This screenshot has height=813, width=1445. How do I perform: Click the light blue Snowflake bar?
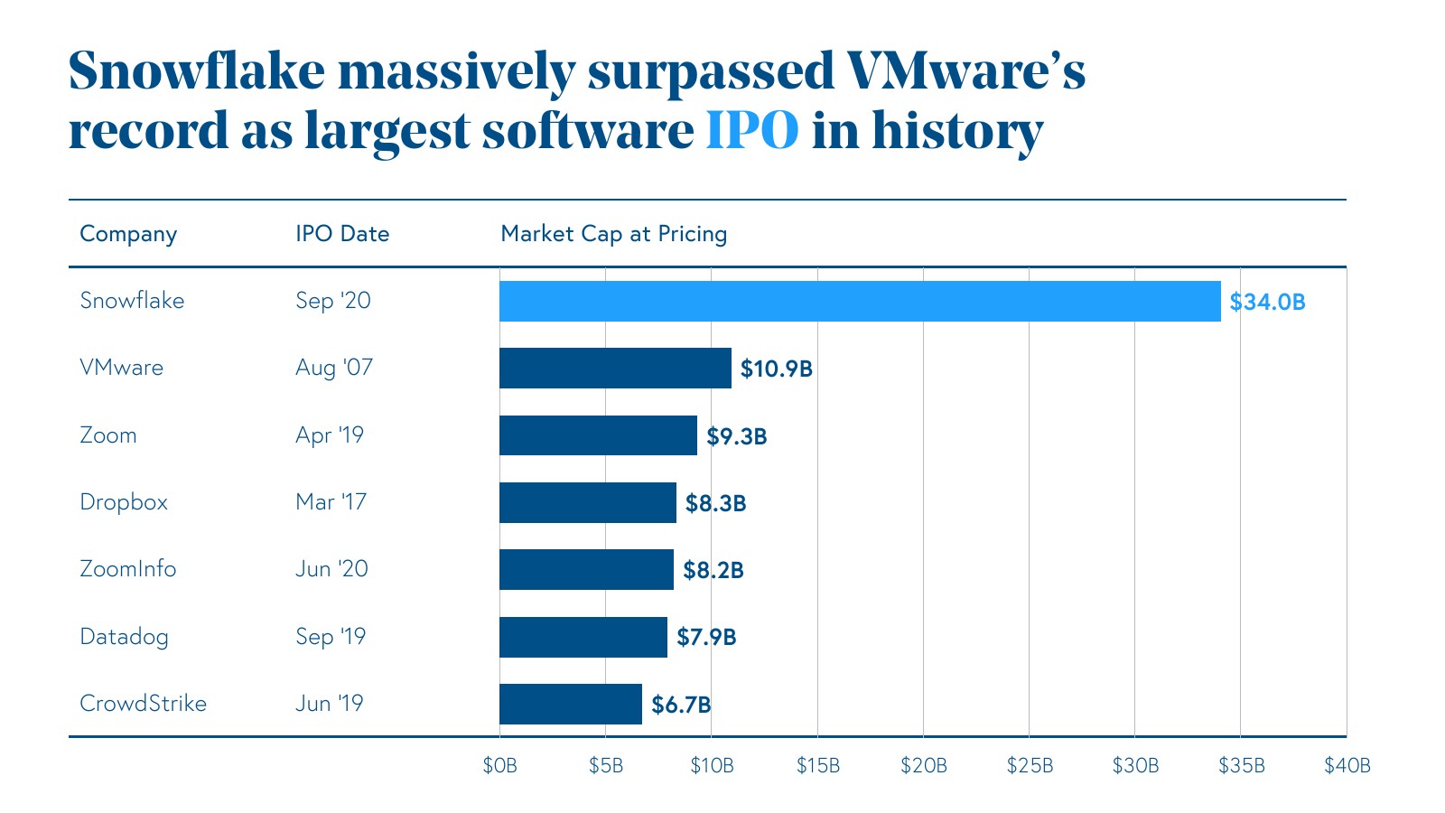[x=860, y=301]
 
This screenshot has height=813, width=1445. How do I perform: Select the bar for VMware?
[x=615, y=368]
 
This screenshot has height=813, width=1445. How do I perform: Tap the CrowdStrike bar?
[x=571, y=704]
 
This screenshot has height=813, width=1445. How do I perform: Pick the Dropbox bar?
[x=588, y=502]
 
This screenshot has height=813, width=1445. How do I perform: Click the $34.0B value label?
[x=1267, y=302]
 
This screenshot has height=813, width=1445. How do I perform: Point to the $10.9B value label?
[x=777, y=369]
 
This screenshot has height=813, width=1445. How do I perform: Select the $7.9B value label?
[x=706, y=637]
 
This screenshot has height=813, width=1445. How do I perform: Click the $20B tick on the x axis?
[x=923, y=766]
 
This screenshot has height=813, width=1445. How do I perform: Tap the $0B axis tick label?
[x=499, y=766]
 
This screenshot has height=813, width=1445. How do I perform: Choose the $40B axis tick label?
[x=1347, y=766]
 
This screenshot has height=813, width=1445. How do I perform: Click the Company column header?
[x=128, y=234]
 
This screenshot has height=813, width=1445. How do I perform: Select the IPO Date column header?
[x=342, y=234]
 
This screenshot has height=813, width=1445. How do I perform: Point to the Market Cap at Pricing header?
[x=613, y=234]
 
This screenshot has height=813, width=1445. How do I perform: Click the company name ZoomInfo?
[x=128, y=569]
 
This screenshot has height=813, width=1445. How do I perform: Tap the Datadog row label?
[x=125, y=637]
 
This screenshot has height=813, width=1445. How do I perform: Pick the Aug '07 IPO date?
[x=333, y=368]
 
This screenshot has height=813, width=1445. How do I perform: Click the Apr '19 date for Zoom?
[x=330, y=435]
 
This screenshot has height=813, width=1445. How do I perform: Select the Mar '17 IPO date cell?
[x=331, y=502]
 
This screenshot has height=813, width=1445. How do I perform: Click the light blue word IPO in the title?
[x=751, y=131]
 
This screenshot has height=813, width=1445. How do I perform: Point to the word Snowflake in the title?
[x=196, y=70]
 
